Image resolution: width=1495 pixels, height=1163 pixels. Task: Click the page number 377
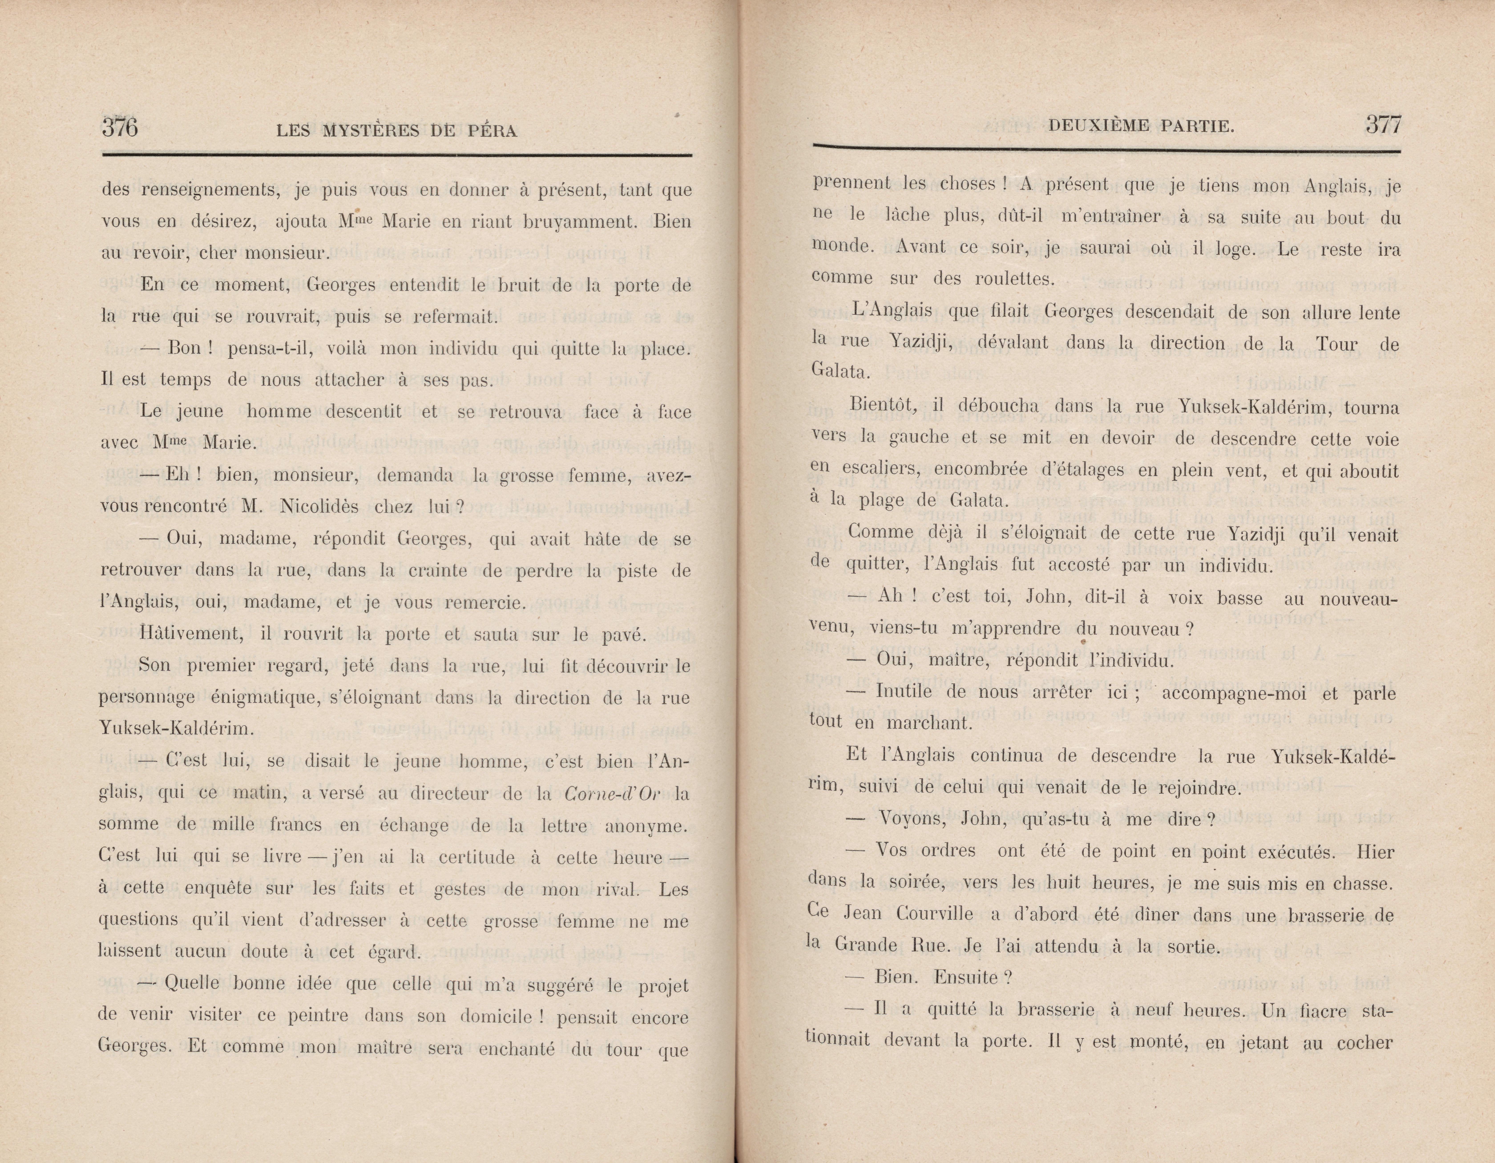[x=1383, y=125]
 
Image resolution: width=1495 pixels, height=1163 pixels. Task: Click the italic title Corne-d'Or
[x=613, y=793]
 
